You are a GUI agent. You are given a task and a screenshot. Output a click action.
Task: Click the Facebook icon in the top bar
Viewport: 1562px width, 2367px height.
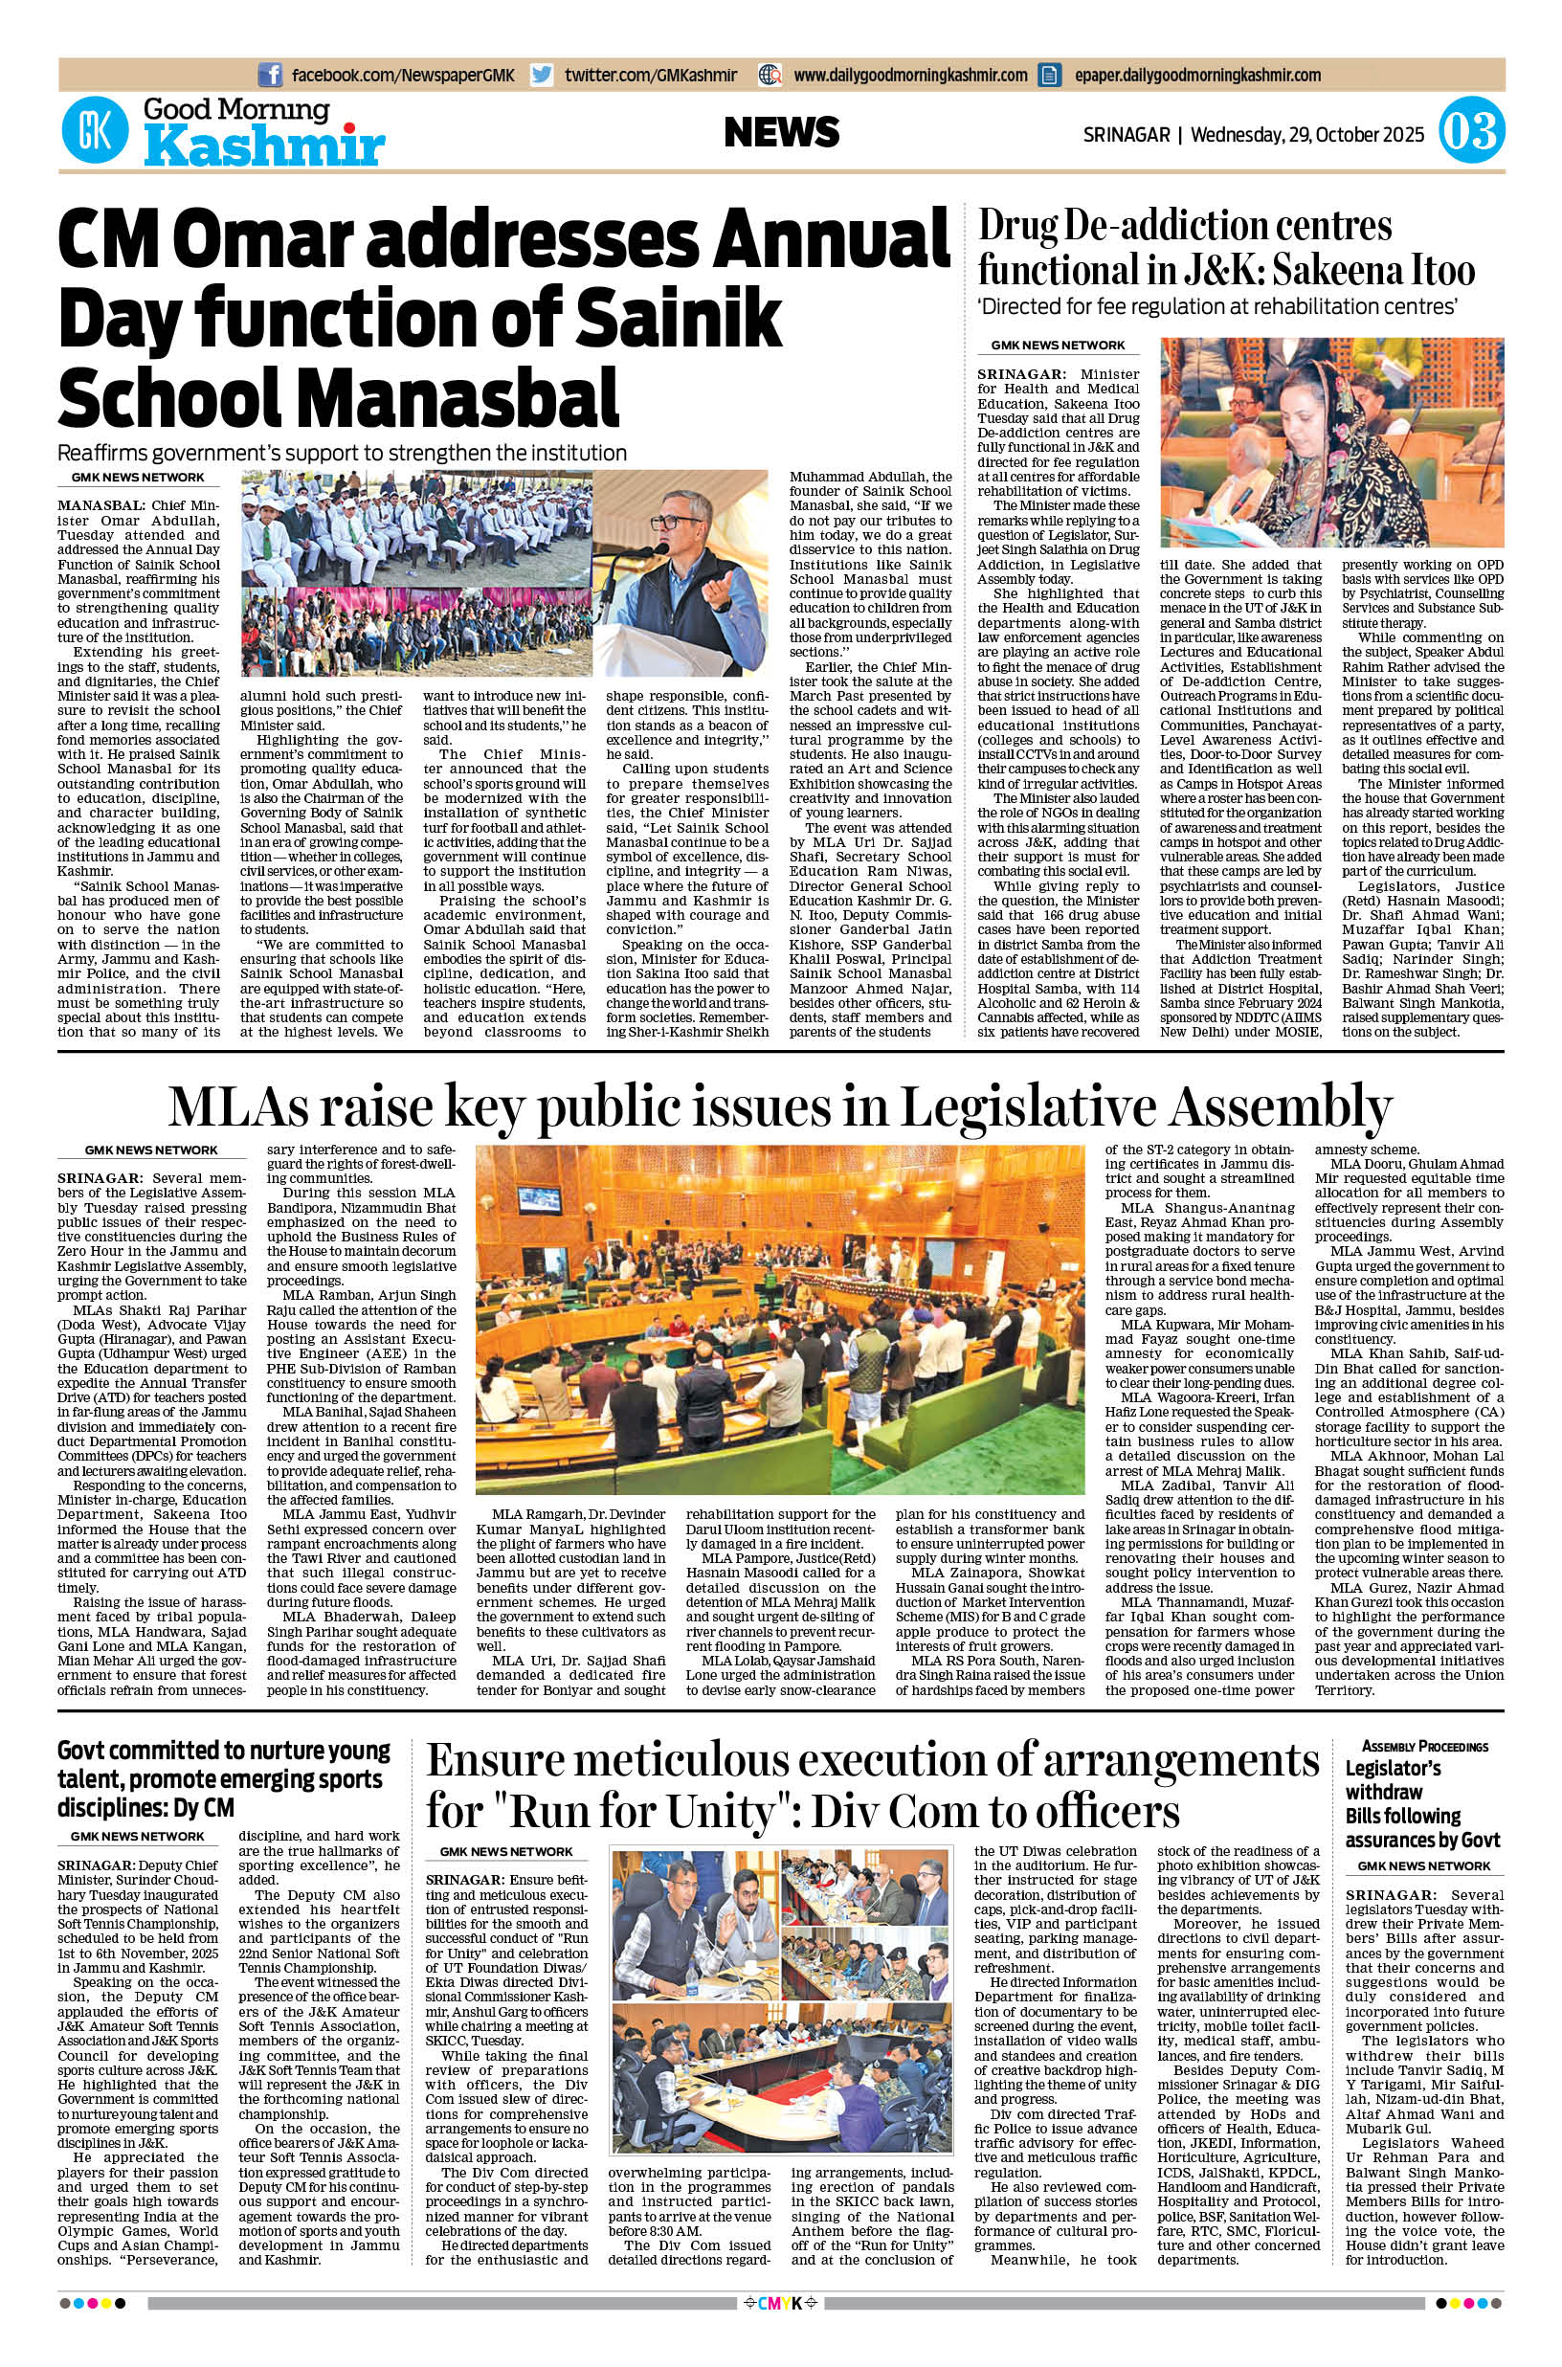269,75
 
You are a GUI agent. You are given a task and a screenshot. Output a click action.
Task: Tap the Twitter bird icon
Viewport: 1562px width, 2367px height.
542,75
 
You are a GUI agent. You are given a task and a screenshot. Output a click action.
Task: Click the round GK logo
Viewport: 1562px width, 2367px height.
95,129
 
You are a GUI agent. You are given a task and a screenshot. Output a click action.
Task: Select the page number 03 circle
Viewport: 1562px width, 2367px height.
1471,133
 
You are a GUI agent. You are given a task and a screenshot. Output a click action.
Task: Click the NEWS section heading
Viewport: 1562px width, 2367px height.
781,132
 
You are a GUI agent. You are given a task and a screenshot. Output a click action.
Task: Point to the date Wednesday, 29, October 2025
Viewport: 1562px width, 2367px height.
1307,133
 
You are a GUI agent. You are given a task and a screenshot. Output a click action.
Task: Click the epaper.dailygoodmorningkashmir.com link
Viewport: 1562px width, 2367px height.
1197,75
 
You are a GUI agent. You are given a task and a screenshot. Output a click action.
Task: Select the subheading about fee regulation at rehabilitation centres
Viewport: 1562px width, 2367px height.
1217,307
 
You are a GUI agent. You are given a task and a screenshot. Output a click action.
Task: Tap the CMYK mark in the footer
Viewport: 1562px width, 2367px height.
780,2333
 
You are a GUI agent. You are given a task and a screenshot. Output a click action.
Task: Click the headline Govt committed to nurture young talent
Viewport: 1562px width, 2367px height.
223,1778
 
